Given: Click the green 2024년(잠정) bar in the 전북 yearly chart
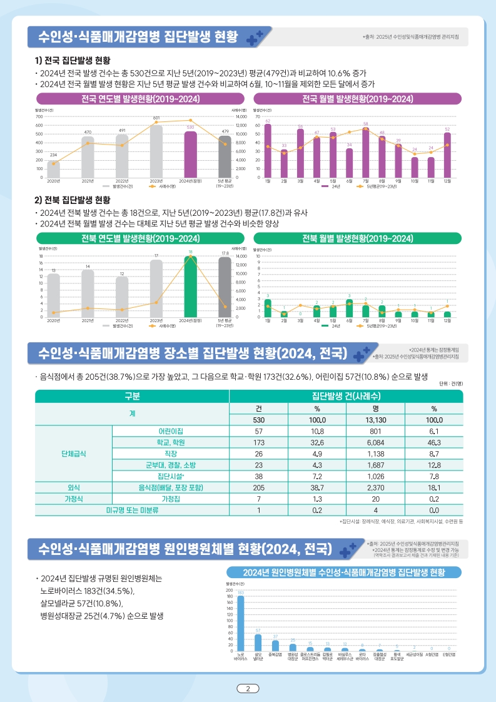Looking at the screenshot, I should pyautogui.click(x=190, y=287).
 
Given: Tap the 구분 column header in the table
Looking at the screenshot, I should pyautogui.click(x=133, y=395).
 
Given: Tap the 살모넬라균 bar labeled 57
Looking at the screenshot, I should pyautogui.click(x=258, y=643).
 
